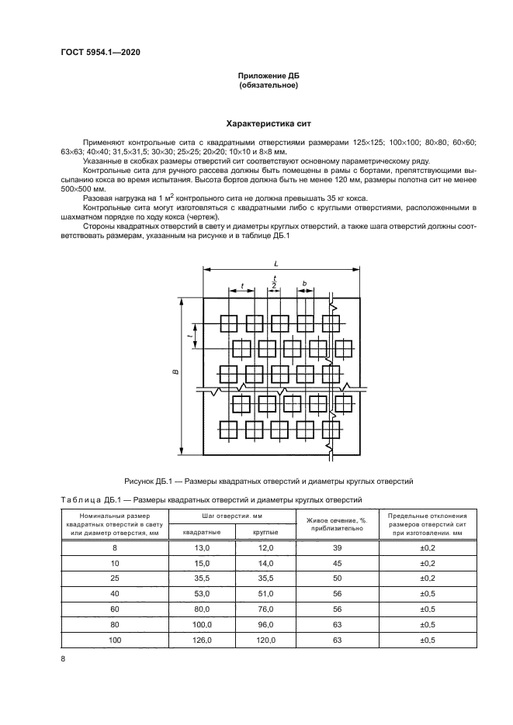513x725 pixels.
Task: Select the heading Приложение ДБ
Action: [x=269, y=75]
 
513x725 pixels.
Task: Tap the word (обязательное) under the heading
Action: [x=269, y=85]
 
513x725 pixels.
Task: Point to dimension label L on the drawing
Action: [x=276, y=264]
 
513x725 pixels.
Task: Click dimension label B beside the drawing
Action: [x=176, y=373]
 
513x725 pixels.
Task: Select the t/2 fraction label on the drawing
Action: [x=274, y=282]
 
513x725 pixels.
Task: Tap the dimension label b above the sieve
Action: [x=305, y=284]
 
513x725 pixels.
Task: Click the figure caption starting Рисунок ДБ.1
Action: [x=269, y=481]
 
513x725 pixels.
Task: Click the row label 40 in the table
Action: [x=114, y=594]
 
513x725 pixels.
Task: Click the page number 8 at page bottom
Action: [x=63, y=659]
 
